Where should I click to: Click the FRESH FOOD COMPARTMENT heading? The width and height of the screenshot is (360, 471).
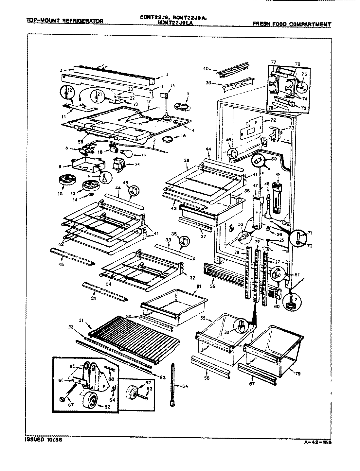tap(292, 24)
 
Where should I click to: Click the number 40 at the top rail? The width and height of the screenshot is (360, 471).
tap(206, 69)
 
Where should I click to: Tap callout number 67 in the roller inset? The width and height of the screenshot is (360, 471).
tap(71, 405)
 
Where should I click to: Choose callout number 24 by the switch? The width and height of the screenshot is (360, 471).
tap(137, 165)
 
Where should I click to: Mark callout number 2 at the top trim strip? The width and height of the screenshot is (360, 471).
tap(61, 70)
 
